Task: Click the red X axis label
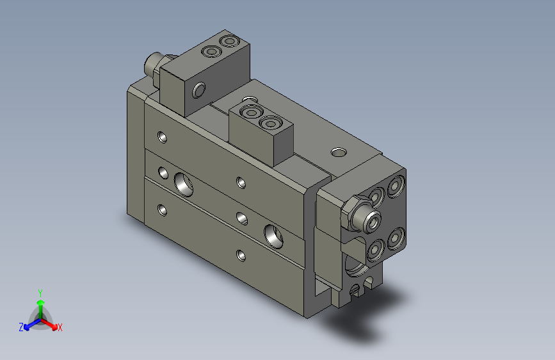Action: (x=60, y=328)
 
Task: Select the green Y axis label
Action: (x=40, y=291)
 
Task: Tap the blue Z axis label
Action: (x=21, y=327)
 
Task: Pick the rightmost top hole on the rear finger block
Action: (x=228, y=42)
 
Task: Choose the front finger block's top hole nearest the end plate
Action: (x=270, y=123)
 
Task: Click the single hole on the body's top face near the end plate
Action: (x=337, y=152)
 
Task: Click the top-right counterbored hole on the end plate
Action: (x=395, y=186)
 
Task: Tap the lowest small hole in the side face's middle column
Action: (x=241, y=256)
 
